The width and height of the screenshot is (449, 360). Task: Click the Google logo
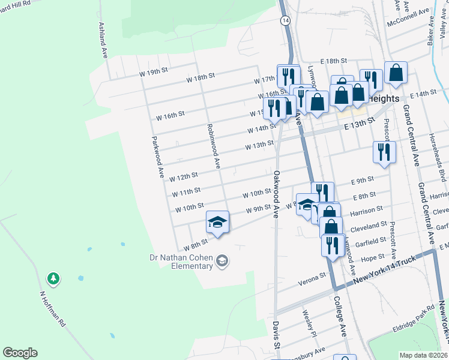(20, 353)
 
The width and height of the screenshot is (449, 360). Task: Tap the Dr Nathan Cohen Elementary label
(181, 262)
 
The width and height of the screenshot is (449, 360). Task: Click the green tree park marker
(53, 278)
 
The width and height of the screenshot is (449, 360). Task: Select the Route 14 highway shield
(285, 20)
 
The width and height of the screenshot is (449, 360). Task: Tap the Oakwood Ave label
(277, 193)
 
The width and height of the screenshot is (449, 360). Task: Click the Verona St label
(314, 275)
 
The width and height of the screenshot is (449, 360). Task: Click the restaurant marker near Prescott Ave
(384, 152)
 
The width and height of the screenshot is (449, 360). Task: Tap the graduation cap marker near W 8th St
(217, 222)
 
